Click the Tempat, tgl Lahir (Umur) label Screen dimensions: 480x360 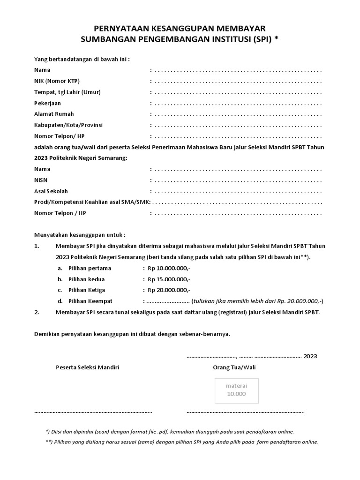tap(67, 92)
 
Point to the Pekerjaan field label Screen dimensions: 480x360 tap(47, 103)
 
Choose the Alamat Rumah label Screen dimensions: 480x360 tap(54, 114)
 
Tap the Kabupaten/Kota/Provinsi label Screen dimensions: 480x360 tap(68, 125)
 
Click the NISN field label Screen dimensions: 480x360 tap(41, 180)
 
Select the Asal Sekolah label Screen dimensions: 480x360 tap(51, 191)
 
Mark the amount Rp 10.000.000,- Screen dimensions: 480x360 tap(169, 268)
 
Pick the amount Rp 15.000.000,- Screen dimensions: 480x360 tap(169, 279)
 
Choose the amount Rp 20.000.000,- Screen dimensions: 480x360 tap(169, 290)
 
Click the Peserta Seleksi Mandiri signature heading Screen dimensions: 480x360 tap(87, 367)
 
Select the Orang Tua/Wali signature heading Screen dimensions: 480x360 tap(234, 367)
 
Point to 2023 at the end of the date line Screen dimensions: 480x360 tap(310, 356)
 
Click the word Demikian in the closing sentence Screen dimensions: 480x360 tap(47, 334)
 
